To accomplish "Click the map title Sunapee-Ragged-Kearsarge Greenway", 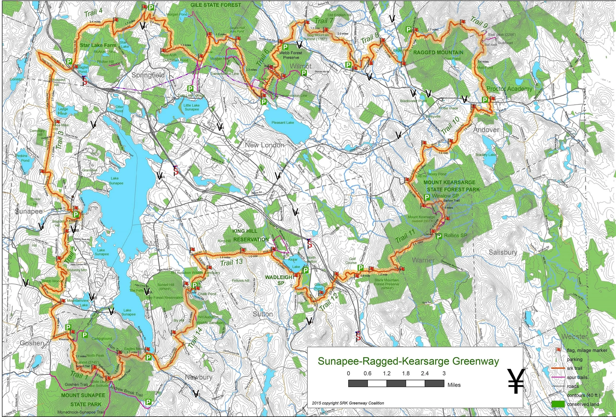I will tap(408, 361).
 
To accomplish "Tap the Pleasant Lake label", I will tap(283, 122).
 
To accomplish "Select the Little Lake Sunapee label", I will tap(192, 107).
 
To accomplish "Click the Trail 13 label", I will tap(231, 263).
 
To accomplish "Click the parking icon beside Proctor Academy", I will tap(484, 100).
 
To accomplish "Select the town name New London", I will tap(264, 145).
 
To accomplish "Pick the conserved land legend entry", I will tap(583, 404).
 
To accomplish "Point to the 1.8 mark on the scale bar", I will tap(406, 374).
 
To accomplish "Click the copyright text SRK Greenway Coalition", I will tap(348, 403).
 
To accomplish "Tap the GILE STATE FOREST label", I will tap(216, 5).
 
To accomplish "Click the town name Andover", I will tap(486, 130).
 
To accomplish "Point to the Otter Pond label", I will tap(119, 109).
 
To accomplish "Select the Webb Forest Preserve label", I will tap(291, 55).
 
